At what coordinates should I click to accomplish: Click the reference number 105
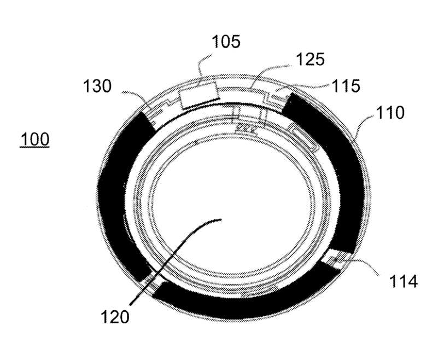click(x=226, y=42)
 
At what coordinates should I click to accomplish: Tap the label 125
click(x=310, y=59)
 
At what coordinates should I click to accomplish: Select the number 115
click(x=346, y=85)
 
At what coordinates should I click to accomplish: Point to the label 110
click(x=390, y=113)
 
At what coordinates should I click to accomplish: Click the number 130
click(x=97, y=86)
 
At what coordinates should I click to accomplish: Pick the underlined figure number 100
click(x=35, y=140)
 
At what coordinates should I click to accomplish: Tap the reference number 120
click(x=115, y=316)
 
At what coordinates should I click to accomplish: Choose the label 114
click(x=404, y=281)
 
